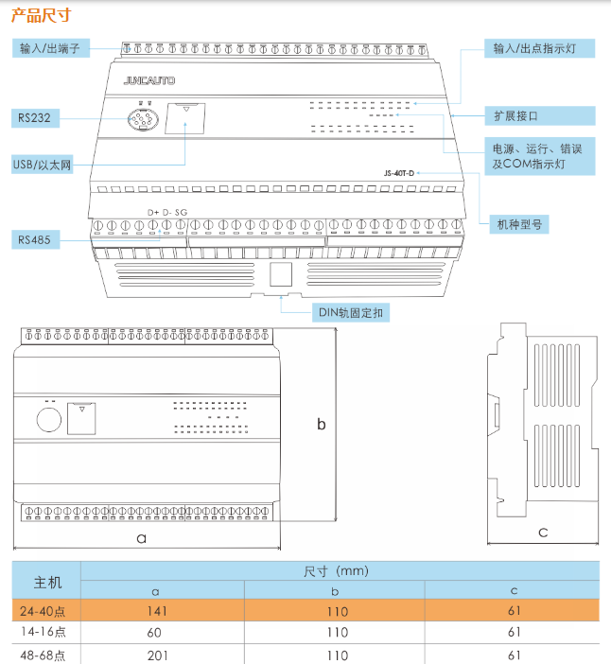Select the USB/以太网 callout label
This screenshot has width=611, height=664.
(x=43, y=165)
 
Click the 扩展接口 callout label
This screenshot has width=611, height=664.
(x=516, y=116)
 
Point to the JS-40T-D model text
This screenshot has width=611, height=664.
(x=399, y=173)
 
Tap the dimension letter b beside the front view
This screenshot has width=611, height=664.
(x=322, y=425)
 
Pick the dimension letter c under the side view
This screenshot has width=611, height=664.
(x=543, y=533)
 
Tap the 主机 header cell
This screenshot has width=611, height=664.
(x=47, y=580)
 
